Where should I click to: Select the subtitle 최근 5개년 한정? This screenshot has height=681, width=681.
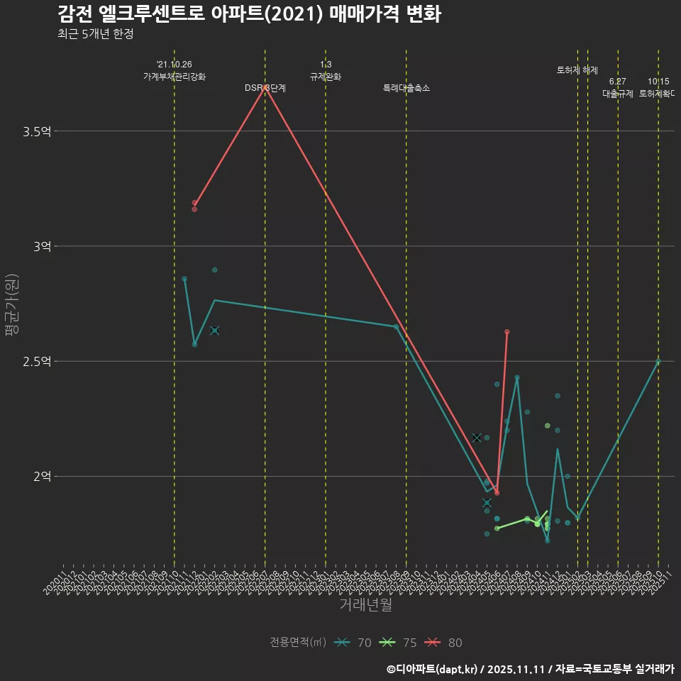click(95, 33)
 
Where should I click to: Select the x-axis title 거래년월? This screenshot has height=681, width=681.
click(365, 604)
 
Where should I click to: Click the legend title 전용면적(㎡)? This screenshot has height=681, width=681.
click(298, 643)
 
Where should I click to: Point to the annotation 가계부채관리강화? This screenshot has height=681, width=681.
click(175, 77)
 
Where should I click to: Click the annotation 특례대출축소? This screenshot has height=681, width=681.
click(406, 88)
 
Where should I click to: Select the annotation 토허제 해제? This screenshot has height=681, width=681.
click(577, 70)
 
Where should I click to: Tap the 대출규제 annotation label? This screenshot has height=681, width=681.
click(618, 94)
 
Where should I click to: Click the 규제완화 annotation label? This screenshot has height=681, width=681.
click(326, 77)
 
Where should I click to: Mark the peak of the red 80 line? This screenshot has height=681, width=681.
click(265, 88)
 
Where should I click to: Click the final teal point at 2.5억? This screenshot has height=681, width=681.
click(658, 361)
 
